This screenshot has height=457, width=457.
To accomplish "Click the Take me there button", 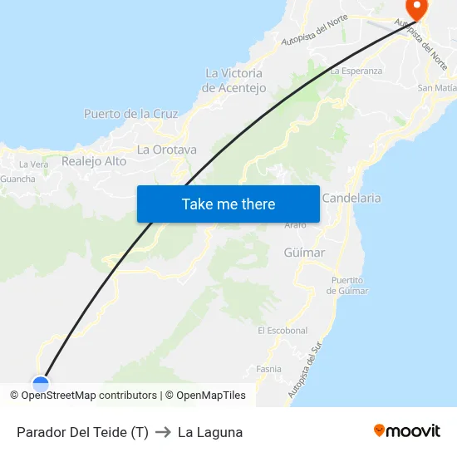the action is coord(228,204).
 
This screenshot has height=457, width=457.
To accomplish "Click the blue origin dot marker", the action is coord(40,383).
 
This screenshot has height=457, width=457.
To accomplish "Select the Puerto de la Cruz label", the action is coord(131,114).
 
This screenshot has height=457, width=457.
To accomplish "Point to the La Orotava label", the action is coord(167,150).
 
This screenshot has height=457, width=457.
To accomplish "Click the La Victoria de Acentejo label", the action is coord(234,81).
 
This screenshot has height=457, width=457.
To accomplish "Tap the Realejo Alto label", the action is coord(94,161).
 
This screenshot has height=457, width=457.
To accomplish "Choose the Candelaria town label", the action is coord(351,198).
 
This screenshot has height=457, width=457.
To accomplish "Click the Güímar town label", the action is coord(304,253).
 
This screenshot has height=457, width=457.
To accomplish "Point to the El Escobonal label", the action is coord(283,331).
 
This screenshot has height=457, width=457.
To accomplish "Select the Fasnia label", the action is coord(268,369).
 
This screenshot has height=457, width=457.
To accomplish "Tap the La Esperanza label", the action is coord(356,71).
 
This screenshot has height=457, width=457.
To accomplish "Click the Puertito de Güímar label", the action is coord(347,285).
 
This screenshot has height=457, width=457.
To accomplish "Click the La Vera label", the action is coord(33,165).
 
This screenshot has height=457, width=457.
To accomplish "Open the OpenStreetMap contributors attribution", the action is coord(89,396).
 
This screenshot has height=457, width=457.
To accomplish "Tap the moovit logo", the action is coord(406,431).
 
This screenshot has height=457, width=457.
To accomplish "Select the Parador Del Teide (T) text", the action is coord(82,432).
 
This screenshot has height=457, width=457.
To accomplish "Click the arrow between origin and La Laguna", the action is coord(163,432).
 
